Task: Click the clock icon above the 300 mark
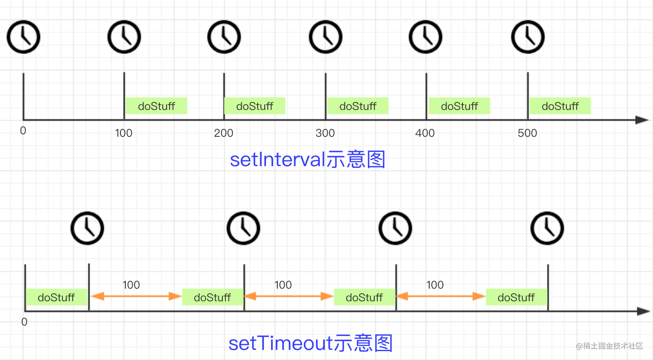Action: coord(326,37)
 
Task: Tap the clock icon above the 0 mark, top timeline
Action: coord(24,37)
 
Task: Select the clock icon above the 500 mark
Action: coord(528,37)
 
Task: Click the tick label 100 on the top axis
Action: coord(123,133)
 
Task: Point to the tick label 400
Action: coord(425,133)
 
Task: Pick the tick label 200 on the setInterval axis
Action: coord(223,133)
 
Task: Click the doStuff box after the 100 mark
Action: coord(156,106)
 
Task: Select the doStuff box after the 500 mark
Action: coord(560,106)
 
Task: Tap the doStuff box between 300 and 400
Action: coord(358,106)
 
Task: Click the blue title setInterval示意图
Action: coord(308,160)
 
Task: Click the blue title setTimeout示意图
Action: coord(311,343)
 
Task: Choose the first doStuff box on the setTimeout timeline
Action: coord(56,297)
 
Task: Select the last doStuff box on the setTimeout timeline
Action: coord(516,297)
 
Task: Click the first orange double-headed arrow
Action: coord(136,296)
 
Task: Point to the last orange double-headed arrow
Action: coord(440,296)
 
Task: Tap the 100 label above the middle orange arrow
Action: coord(283,285)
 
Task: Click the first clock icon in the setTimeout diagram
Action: coord(87,228)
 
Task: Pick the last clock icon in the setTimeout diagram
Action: coord(547,228)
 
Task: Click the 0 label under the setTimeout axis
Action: coord(24,322)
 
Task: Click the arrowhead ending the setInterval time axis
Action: coord(642,120)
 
